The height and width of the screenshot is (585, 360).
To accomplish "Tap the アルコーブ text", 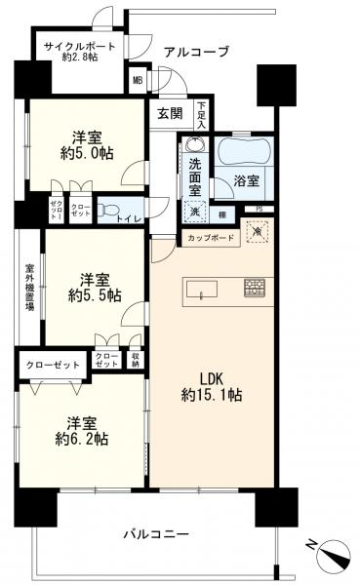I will (196, 51).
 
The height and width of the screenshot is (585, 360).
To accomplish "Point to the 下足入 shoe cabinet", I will (201, 114).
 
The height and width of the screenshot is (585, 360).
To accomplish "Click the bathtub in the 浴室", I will (241, 151).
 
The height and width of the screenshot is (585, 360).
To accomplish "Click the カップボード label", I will (204, 237).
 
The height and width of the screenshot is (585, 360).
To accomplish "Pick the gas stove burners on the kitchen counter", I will (255, 288).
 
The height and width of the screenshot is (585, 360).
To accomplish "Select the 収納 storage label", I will (135, 361).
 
